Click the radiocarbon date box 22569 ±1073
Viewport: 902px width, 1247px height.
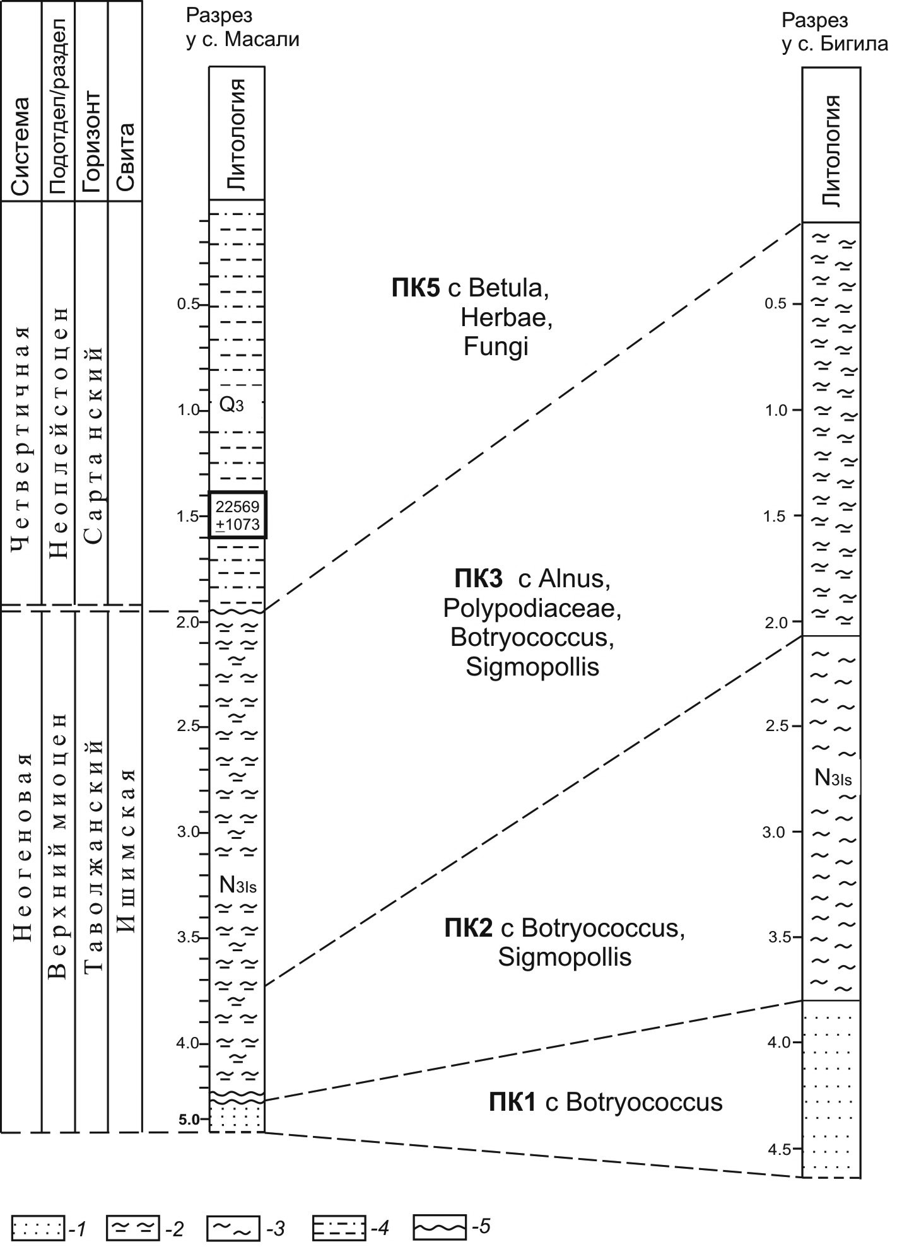237,515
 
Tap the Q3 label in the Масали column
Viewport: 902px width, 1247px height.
231,405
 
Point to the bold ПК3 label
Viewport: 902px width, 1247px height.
477,578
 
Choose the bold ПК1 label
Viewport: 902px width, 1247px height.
512,1102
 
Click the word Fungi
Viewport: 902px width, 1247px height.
495,346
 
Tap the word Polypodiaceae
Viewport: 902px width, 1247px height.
532,608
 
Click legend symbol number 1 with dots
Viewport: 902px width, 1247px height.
38,1227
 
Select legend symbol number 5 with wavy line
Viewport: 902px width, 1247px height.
439,1227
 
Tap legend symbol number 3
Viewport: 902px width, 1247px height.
233,1227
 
